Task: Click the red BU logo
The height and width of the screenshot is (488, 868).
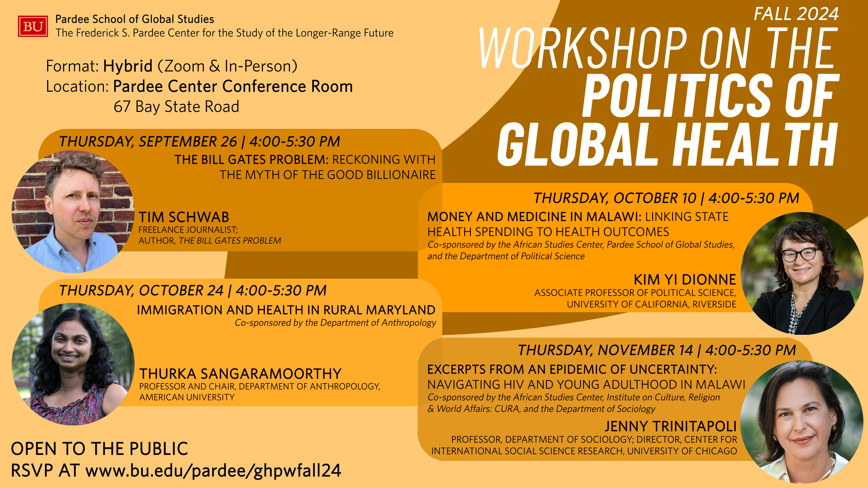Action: point(33,26)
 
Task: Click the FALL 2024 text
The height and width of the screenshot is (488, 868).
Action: point(796,14)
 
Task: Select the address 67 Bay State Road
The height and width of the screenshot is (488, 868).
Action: point(176,106)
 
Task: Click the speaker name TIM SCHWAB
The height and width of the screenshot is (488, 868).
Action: point(184,217)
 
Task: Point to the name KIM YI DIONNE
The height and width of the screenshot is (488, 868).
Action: point(685,279)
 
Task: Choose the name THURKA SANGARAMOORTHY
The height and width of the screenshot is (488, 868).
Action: point(240,374)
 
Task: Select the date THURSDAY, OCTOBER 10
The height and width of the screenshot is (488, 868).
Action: point(615,198)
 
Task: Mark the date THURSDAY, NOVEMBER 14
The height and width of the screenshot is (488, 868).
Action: point(606,350)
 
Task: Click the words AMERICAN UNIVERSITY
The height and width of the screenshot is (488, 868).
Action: point(187,397)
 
